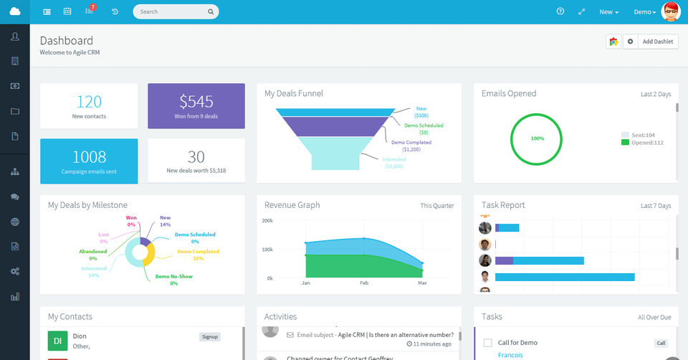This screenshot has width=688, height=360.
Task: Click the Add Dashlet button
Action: pos(657,42)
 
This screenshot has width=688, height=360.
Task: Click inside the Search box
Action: pos(172,11)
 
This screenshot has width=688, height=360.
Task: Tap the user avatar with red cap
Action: pos(671,11)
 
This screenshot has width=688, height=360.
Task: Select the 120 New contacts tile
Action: pos(89,105)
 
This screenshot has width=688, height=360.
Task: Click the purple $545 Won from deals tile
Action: pos(196,105)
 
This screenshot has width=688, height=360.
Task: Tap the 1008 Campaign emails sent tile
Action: pos(89,161)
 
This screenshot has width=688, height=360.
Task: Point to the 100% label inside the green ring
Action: pos(537,138)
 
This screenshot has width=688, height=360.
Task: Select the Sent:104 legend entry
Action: pos(643,135)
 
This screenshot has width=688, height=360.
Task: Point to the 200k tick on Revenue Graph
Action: pos(267,220)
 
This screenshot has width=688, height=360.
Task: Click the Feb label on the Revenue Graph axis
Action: pos(364,284)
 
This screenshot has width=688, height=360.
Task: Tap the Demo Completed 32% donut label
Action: pos(198,255)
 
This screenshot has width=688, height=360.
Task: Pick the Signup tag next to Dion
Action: pos(210,336)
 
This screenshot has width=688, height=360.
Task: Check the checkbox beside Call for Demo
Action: pos(488,343)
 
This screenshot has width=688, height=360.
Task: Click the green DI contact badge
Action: pos(57,341)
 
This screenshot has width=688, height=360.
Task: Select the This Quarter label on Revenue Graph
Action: pos(436,206)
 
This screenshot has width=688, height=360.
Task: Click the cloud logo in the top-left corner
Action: pos(15,11)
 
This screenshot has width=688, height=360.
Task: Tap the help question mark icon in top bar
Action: pos(560,11)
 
